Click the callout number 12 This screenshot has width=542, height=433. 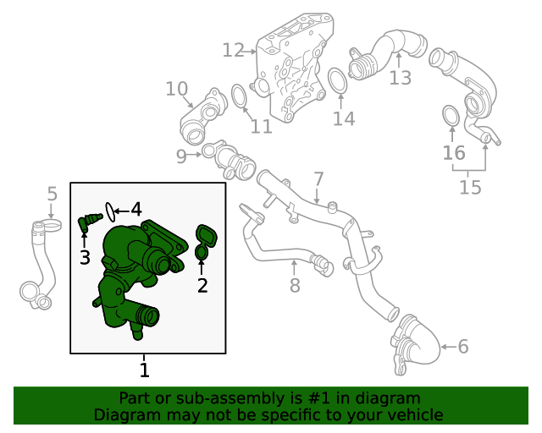(233, 51)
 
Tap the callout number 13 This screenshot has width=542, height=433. (400, 78)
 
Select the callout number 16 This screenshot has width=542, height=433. (454, 153)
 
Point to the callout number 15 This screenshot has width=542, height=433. (470, 186)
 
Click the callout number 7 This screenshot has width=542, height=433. (318, 179)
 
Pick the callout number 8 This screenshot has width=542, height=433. (295, 286)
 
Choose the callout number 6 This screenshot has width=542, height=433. (462, 345)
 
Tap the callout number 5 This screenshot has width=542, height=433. (52, 194)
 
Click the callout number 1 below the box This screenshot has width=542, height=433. (144, 370)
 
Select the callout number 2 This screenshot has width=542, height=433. (202, 286)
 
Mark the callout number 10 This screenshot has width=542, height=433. (176, 88)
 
